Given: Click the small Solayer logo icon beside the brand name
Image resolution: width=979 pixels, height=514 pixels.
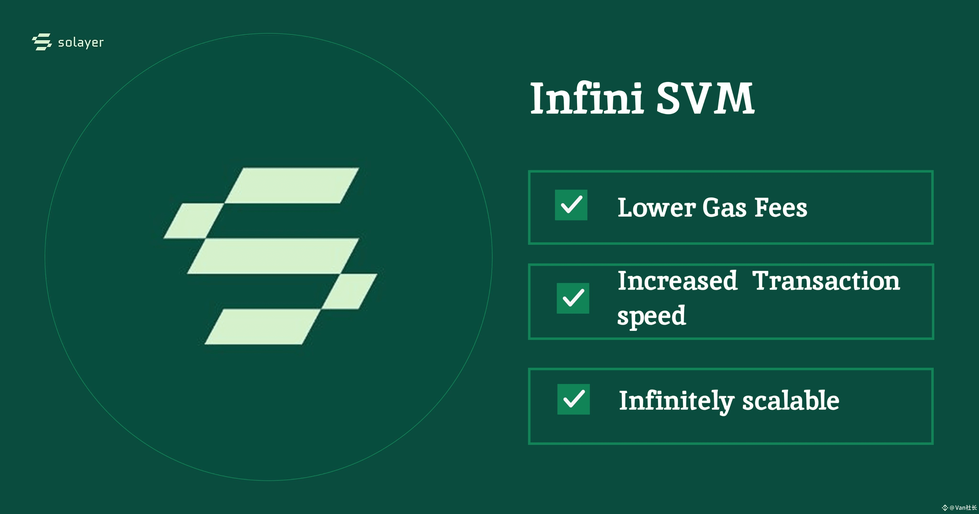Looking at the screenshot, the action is point(42,42).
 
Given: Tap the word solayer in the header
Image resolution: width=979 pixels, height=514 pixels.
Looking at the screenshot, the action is point(81,43).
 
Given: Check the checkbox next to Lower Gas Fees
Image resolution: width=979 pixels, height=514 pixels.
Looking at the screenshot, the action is point(571,205).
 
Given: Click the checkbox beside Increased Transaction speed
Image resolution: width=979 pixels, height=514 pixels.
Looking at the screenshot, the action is point(573,298).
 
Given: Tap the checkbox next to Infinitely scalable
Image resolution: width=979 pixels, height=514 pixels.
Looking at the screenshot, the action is point(573,399).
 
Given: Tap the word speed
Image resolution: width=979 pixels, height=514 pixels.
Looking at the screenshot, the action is point(651,316).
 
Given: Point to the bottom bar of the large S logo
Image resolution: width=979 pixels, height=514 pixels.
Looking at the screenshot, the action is point(262,327).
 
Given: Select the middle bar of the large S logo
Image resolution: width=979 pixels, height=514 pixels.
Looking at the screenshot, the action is point(273,256).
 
